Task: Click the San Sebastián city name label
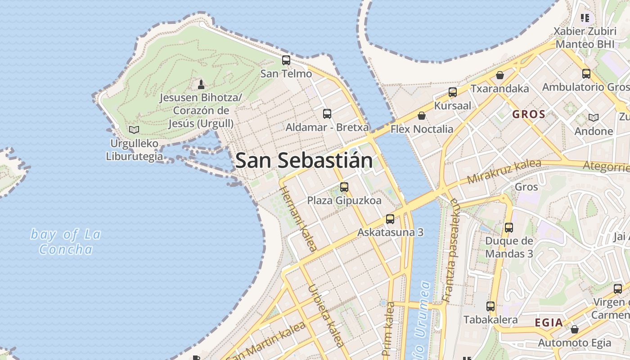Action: pyautogui.click(x=304, y=161)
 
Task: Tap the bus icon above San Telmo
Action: pyautogui.click(x=286, y=60)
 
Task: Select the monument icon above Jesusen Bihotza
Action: pyautogui.click(x=201, y=84)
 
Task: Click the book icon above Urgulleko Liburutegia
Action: pyautogui.click(x=134, y=130)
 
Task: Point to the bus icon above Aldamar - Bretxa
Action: pyautogui.click(x=327, y=113)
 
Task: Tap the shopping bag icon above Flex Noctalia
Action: pyautogui.click(x=422, y=116)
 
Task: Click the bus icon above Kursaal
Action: pyautogui.click(x=453, y=92)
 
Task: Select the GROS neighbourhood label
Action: pyautogui.click(x=529, y=114)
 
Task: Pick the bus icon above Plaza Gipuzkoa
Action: pyautogui.click(x=344, y=187)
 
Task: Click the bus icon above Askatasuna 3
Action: pyautogui.click(x=390, y=219)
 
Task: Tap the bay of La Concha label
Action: pyautogui.click(x=66, y=242)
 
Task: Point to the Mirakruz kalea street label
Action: pyautogui.click(x=504, y=171)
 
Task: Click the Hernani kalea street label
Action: pyautogui.click(x=298, y=218)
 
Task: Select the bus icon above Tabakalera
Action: pyautogui.click(x=490, y=306)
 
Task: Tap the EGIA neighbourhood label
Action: pyautogui.click(x=549, y=323)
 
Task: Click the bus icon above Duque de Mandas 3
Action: pyautogui.click(x=509, y=227)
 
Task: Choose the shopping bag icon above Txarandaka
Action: pyautogui.click(x=499, y=75)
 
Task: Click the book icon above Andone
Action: pyautogui.click(x=594, y=117)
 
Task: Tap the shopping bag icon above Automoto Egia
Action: pyautogui.click(x=575, y=329)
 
